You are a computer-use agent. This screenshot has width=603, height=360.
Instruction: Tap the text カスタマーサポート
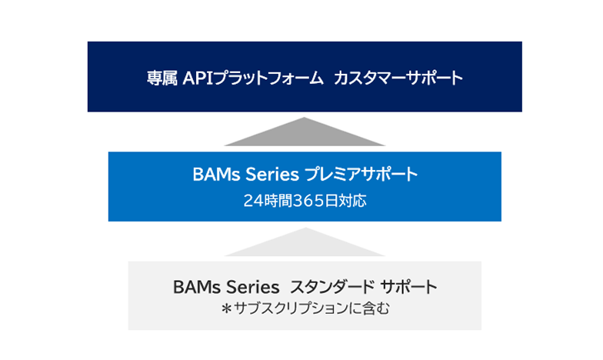tap(398, 78)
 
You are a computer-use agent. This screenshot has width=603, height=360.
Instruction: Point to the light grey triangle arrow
tap(305, 244)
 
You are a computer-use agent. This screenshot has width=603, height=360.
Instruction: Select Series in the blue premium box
tap(272, 175)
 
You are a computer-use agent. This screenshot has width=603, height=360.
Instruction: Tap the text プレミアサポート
tap(361, 175)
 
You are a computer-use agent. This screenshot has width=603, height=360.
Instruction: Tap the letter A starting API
tap(190, 78)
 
